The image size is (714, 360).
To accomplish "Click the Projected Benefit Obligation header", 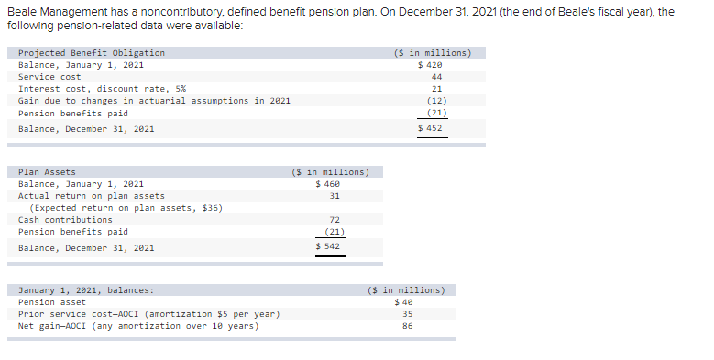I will click(92, 53).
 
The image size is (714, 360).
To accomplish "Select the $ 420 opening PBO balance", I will click(430, 65).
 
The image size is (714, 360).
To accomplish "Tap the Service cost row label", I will click(49, 77).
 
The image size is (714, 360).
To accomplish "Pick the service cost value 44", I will click(436, 77).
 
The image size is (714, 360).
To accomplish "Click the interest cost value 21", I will click(436, 89).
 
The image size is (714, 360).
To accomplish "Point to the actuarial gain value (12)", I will click(436, 101).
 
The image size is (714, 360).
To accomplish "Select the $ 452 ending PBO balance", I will click(430, 128).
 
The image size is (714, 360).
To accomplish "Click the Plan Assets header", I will click(47, 172).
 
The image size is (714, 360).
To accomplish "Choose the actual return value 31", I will click(335, 196).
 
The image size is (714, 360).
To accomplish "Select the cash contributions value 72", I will click(335, 220).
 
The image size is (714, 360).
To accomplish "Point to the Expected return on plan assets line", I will click(126, 208).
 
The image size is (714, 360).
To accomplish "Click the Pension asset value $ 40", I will click(404, 302).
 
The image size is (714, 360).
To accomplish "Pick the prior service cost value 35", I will click(407, 314).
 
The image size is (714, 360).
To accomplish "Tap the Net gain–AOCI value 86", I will click(407, 326).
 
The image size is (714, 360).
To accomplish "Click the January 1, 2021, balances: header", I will click(86, 290).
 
